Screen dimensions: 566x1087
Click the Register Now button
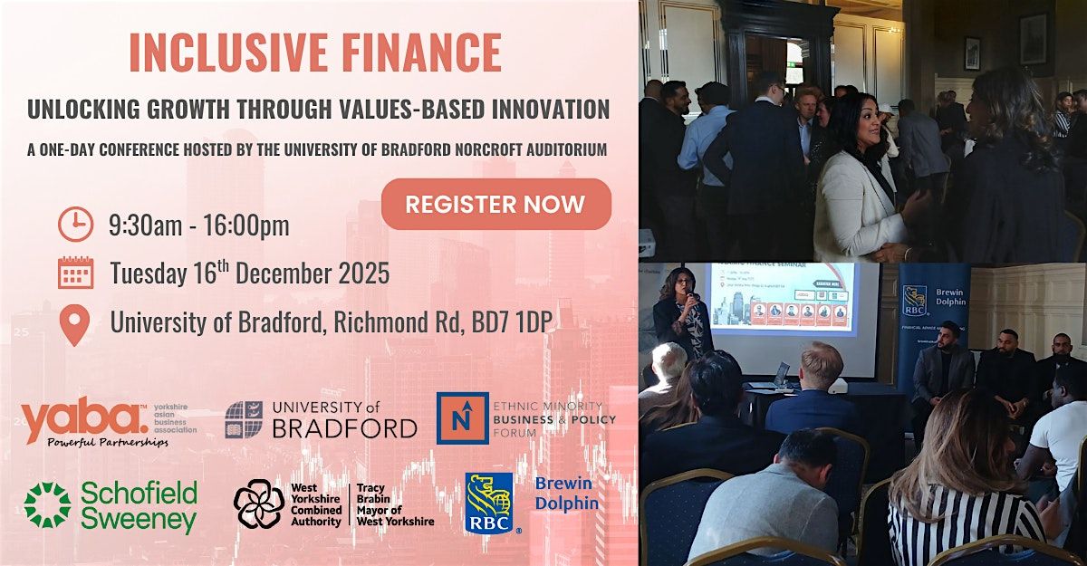pos(495,204)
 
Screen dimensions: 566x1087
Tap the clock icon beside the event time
pos(75,225)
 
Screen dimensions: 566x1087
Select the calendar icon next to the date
pos(75,273)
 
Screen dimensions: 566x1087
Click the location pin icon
pos(75,324)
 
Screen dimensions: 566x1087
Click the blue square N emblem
pos(462,418)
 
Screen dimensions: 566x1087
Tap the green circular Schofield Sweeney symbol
pos(46,505)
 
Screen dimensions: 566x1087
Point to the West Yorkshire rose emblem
pos(258,504)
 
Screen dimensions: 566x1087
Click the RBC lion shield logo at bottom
pos(489,503)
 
